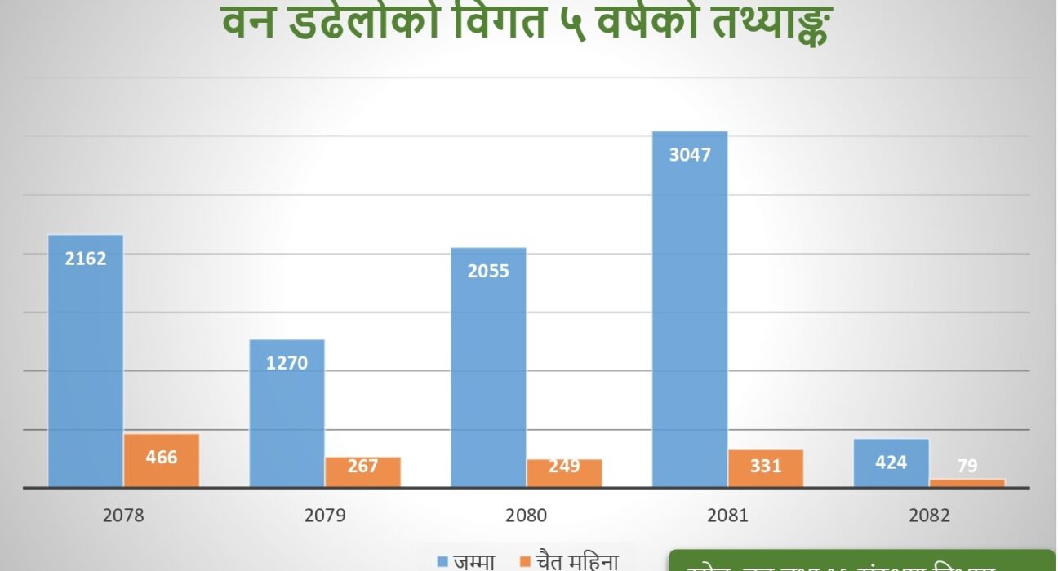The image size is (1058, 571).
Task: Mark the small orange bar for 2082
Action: pyautogui.click(x=967, y=483)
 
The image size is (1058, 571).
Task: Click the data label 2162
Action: pyautogui.click(x=86, y=259)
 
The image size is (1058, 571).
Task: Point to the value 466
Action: pyautogui.click(x=162, y=458)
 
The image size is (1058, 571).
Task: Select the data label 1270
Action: pyautogui.click(x=287, y=362)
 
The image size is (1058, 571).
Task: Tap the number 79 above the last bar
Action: pyautogui.click(x=967, y=467)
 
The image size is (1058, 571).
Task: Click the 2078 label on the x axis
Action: pyautogui.click(x=123, y=516)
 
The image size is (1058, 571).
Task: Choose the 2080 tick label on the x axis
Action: pyautogui.click(x=526, y=516)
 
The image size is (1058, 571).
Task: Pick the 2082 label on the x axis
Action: pyautogui.click(x=929, y=516)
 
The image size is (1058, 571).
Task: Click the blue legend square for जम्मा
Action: pyautogui.click(x=442, y=561)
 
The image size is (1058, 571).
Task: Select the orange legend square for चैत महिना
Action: pyautogui.click(x=525, y=561)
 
